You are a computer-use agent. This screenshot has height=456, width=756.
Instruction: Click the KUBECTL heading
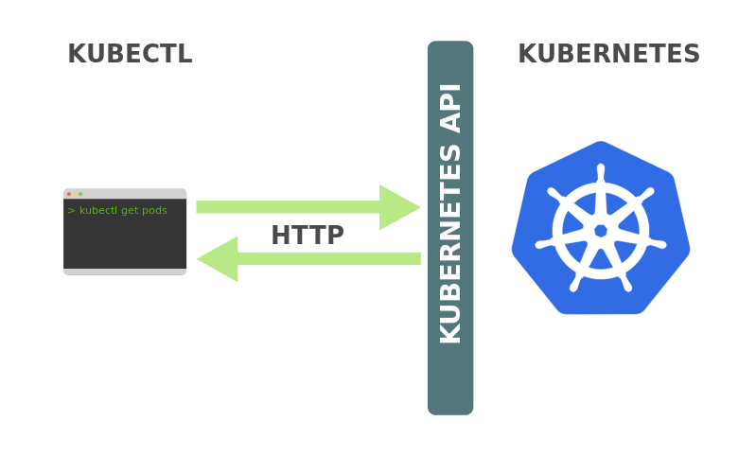pos(131,54)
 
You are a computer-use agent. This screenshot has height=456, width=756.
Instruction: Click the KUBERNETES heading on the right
pos(609,54)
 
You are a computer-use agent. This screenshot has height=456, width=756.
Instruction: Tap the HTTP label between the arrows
pos(308,236)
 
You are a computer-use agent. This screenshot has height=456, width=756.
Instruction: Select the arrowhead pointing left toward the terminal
pos(218,259)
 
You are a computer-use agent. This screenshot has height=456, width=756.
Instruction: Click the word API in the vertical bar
pos(450,109)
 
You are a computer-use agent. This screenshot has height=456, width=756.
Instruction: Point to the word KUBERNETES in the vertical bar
pos(450,244)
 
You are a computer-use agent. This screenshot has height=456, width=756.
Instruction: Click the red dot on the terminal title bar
pos(69,194)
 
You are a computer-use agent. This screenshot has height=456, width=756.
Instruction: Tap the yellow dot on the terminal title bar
pos(75,194)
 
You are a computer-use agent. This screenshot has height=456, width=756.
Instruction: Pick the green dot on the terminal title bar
pos(80,194)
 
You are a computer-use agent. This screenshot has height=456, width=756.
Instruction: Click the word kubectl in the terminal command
pos(98,210)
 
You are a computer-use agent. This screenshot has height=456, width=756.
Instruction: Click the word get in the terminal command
pos(130,211)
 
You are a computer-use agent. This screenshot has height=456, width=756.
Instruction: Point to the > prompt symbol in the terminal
pos(71,211)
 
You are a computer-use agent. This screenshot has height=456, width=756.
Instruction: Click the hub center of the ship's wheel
pos(601,231)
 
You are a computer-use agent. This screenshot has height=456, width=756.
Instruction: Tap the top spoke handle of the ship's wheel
pos(601,173)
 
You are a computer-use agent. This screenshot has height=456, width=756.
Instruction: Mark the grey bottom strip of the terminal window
pos(125,272)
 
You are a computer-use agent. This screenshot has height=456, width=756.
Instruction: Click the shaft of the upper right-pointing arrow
pos(288,207)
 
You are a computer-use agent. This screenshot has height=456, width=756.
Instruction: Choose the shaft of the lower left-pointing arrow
pos(329,259)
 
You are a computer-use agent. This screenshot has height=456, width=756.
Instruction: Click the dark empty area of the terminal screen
pos(125,242)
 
